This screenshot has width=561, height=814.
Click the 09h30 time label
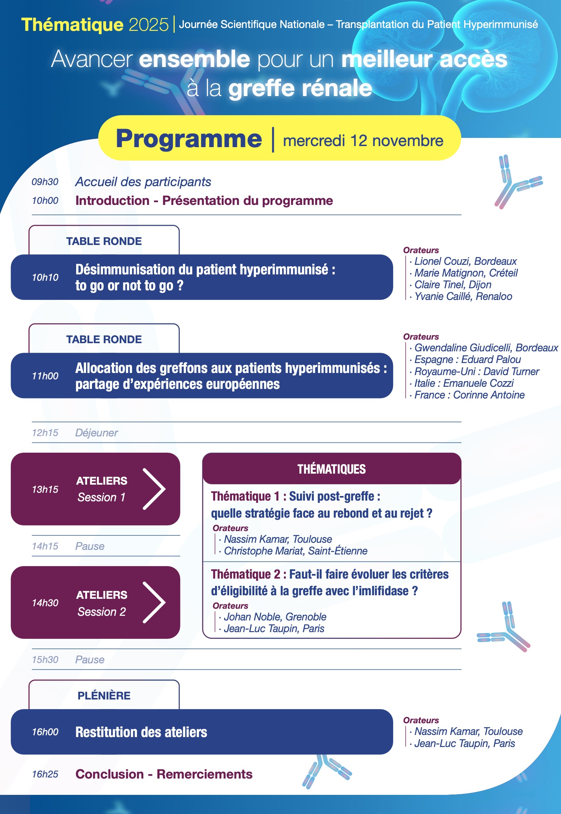tap(45, 182)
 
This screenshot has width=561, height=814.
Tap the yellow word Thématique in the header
tap(72, 25)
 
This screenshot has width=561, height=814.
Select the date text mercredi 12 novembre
tap(363, 141)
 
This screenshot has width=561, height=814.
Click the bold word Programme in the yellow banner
tap(189, 139)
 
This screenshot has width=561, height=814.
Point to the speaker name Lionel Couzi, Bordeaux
tap(465, 261)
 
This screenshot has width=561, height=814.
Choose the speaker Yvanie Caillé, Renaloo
tap(463, 296)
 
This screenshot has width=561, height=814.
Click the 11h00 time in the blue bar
tap(45, 376)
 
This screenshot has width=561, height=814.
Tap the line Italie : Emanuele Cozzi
tap(464, 383)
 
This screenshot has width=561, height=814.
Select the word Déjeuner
tap(96, 433)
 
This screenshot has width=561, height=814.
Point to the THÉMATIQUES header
tap(331, 469)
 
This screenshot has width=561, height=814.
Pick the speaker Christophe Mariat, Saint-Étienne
tap(295, 551)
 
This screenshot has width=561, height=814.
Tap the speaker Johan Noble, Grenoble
tap(275, 617)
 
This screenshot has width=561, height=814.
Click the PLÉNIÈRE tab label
tap(104, 696)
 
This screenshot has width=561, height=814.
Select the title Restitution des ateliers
tap(141, 732)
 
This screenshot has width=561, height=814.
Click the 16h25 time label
tap(45, 774)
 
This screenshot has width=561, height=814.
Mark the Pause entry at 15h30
tap(90, 659)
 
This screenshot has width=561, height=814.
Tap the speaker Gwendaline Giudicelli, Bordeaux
tap(486, 348)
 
